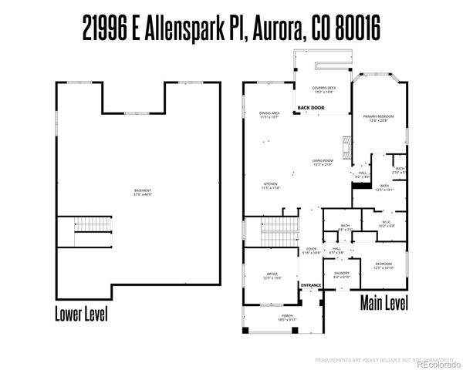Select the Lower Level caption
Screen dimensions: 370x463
point(81,314)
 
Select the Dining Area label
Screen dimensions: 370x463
point(269,115)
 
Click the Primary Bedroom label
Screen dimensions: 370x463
point(378,117)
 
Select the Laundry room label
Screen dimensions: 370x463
point(342,274)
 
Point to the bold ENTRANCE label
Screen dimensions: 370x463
point(311,285)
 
